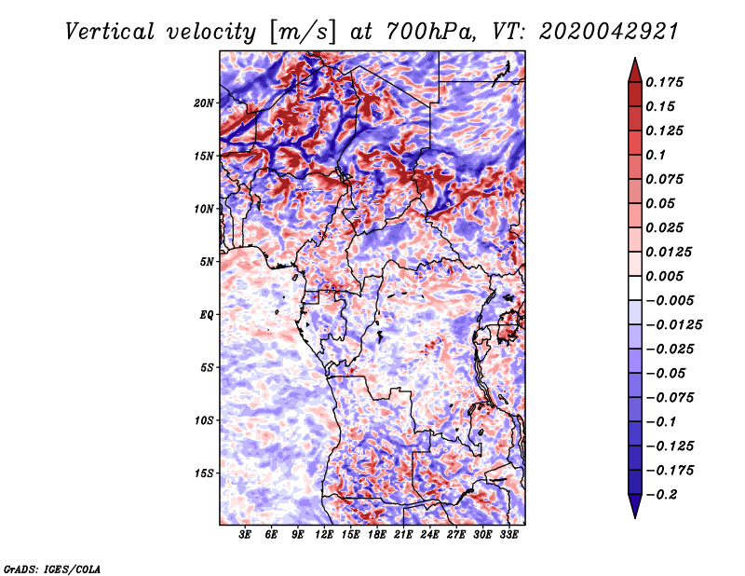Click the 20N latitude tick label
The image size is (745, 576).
pos(204,103)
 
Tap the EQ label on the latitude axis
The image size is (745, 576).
pos(207,315)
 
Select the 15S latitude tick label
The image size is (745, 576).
pos(204,473)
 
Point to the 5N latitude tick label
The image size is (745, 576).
pos(207,262)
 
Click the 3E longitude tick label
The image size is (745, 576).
pos(245,535)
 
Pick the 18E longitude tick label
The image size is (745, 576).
pos(377,535)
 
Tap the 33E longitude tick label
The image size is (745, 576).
pos(508,535)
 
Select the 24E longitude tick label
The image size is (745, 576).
pos(429,535)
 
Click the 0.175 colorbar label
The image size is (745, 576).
pos(664,82)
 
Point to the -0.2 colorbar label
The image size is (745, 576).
pos(661,495)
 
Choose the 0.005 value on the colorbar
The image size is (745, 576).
pos(664,276)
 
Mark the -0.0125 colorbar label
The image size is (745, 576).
pos(673,325)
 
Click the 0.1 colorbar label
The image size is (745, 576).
pos(656,155)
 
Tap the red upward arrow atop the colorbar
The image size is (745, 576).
pos(635,70)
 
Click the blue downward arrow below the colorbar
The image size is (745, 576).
pos(635,506)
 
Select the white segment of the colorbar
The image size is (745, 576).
pos(635,288)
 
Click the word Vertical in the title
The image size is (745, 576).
pos(110,32)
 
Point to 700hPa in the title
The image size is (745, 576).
pos(430,32)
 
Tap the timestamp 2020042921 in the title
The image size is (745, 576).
pos(609,32)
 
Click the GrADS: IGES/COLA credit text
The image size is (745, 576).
pos(52,569)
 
